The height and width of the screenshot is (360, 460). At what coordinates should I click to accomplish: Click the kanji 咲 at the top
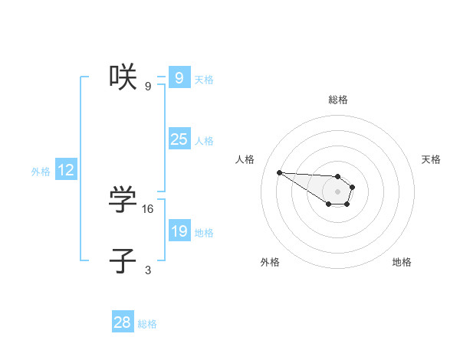[123, 77]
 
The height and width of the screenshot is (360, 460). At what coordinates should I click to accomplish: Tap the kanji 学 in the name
[123, 200]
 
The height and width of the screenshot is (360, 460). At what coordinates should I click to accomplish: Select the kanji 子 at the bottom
[123, 260]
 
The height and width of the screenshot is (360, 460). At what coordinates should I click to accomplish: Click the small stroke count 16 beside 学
[148, 208]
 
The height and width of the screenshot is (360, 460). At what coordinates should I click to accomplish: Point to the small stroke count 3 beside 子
[148, 270]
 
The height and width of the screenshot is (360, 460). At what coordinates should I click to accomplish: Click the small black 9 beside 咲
[148, 86]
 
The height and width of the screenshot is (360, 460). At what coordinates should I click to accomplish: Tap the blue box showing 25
[179, 139]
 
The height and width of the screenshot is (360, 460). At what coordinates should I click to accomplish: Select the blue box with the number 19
[179, 231]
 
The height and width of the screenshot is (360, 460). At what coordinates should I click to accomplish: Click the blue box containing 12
[66, 170]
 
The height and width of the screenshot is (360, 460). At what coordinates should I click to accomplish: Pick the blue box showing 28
[123, 322]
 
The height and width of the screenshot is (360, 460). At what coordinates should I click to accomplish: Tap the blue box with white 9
[179, 78]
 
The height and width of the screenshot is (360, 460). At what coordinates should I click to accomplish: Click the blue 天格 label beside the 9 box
[204, 79]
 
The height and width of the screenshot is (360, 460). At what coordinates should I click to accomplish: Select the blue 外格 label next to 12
[41, 172]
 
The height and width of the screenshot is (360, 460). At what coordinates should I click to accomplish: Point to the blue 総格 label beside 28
[147, 324]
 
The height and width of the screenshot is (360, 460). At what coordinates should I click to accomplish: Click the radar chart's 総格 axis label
[338, 100]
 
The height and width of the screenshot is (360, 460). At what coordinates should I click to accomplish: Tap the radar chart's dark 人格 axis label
[245, 159]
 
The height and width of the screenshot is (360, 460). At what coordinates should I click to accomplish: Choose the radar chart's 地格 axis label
[402, 262]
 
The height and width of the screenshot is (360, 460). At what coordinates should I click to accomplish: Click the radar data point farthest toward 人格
[279, 172]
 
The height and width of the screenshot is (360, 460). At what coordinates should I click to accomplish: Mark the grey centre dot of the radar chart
[338, 191]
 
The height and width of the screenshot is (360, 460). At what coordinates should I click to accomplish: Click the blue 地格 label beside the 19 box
[204, 232]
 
